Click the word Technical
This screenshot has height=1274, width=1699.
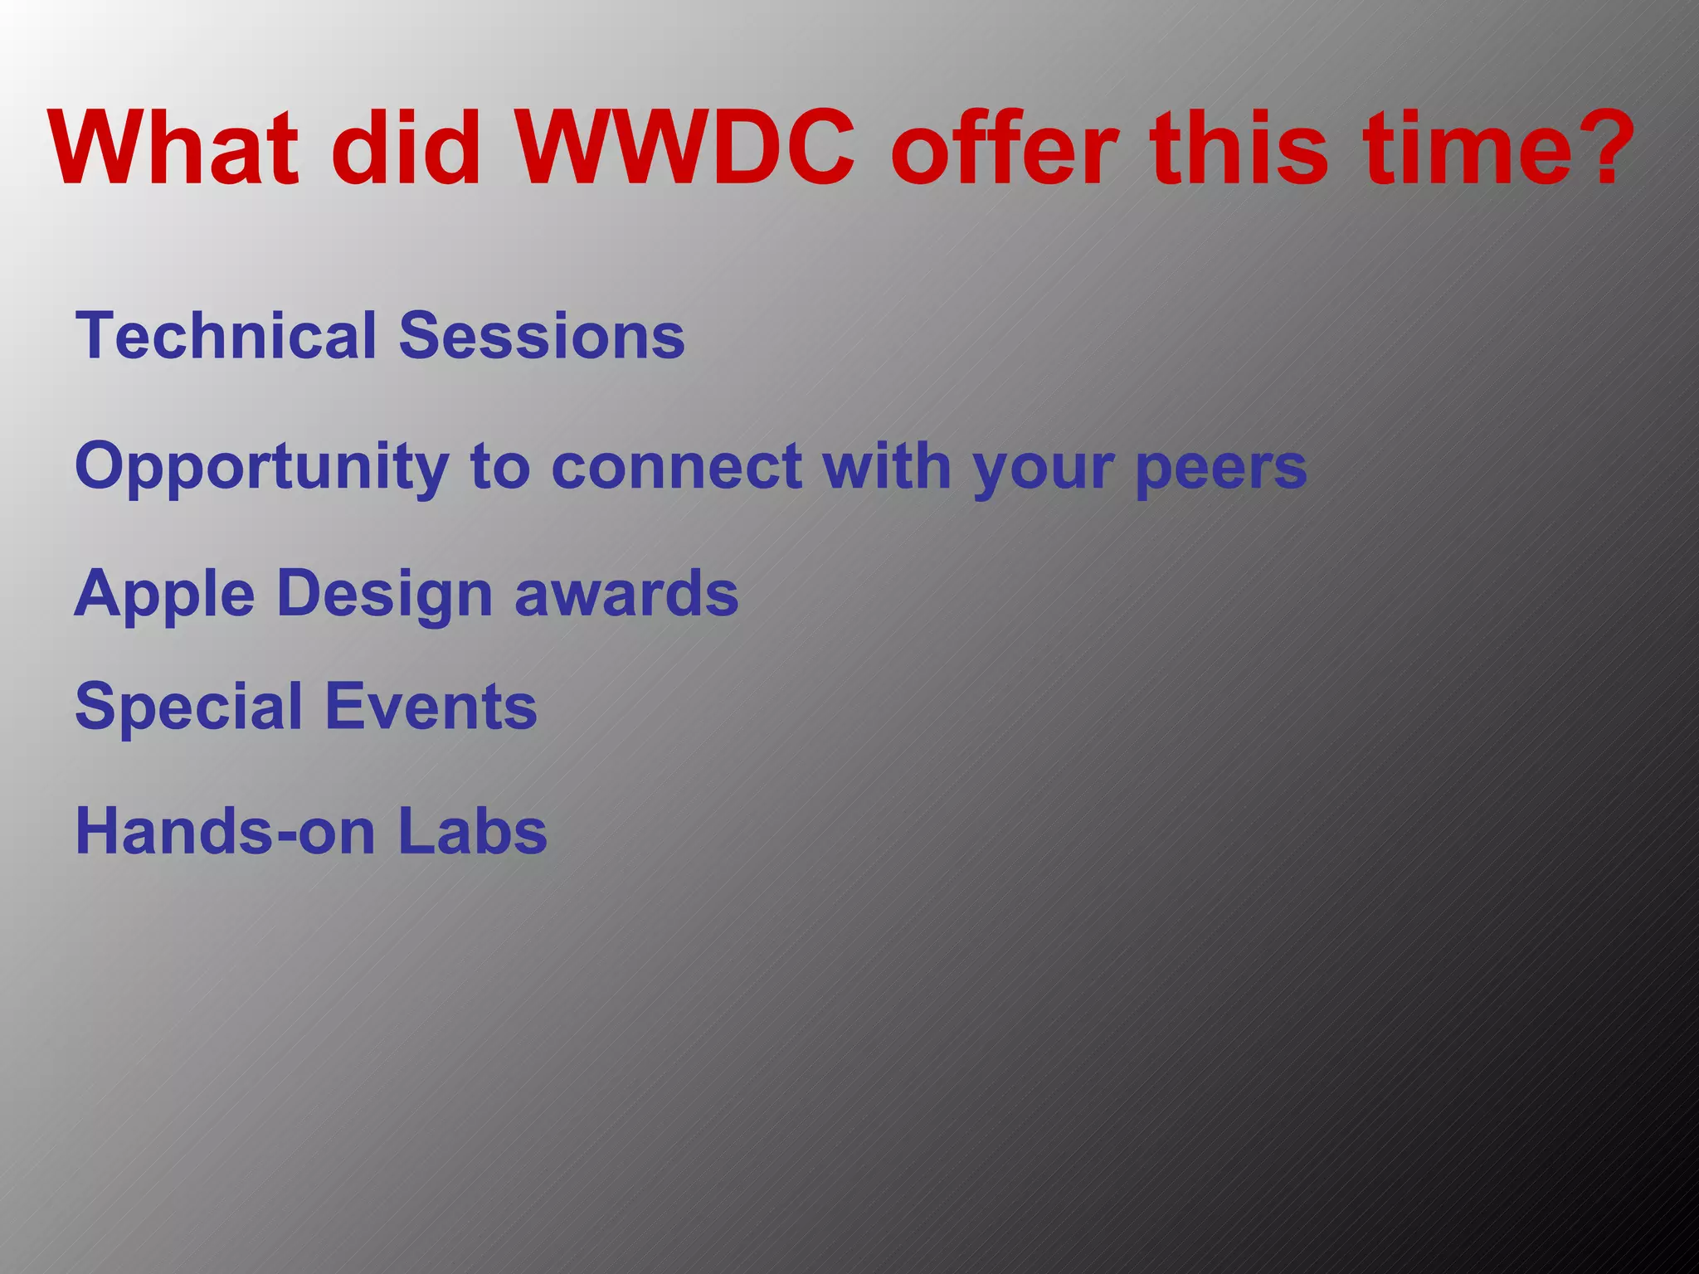tap(226, 335)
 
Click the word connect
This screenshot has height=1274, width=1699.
tap(676, 466)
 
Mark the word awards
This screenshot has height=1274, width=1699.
tap(626, 594)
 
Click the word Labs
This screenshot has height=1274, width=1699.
tap(472, 831)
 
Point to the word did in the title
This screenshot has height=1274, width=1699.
tap(406, 149)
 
